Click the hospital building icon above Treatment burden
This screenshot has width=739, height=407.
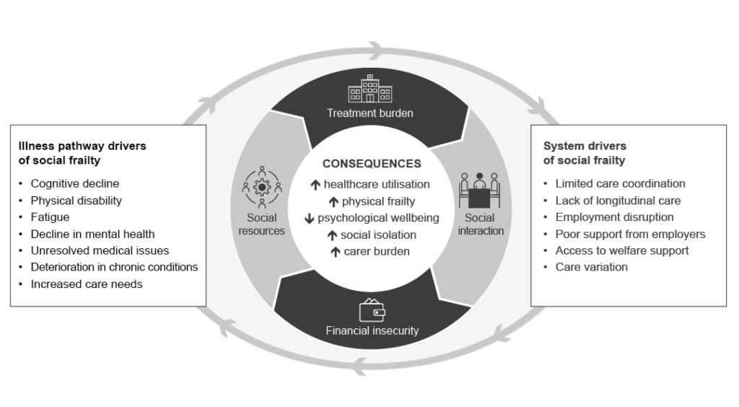(370, 89)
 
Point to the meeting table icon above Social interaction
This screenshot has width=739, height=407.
(479, 190)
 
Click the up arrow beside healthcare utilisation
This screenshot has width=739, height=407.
(315, 185)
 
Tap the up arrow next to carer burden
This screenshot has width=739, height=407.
(335, 252)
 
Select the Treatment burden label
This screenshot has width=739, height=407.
(370, 113)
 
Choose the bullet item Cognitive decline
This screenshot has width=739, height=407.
(74, 183)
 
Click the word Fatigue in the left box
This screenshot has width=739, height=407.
(50, 216)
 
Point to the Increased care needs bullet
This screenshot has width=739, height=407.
(86, 284)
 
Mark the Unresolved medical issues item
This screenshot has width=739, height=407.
(100, 250)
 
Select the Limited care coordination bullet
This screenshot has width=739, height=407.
(620, 183)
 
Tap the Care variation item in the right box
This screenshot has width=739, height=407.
(591, 267)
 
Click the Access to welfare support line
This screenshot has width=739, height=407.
(621, 250)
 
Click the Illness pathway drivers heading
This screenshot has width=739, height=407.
(82, 153)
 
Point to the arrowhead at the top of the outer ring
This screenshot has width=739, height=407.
(377, 51)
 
